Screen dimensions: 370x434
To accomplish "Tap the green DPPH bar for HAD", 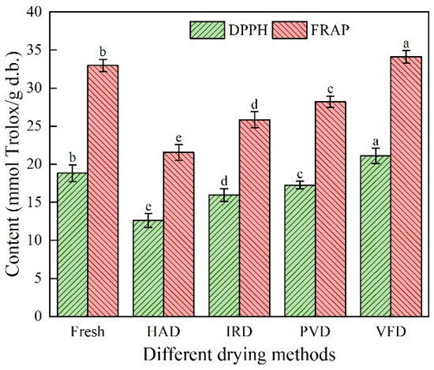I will click(148, 267).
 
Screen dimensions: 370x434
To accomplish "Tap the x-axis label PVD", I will click(314, 331).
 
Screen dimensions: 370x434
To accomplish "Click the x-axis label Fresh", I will click(88, 331).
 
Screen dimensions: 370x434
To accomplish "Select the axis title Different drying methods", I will click(239, 354).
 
